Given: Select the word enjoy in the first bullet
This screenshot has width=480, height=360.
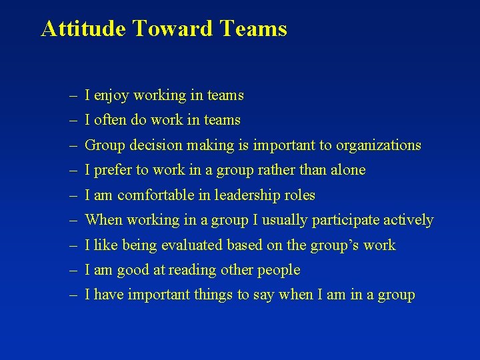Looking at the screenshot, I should [112, 96].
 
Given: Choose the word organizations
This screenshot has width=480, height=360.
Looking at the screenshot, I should [379, 145].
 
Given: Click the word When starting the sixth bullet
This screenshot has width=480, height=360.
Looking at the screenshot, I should [104, 220].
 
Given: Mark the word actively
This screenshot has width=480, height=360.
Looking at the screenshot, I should [408, 221].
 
